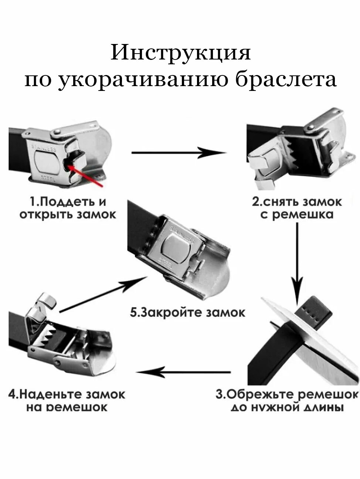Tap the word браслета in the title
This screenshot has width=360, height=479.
[x=286, y=80]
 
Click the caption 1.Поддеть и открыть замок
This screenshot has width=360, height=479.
[x=68, y=208]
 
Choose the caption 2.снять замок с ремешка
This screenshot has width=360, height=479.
[x=297, y=208]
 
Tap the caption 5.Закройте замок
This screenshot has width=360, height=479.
[x=187, y=312]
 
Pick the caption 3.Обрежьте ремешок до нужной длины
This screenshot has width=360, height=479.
[x=287, y=400]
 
